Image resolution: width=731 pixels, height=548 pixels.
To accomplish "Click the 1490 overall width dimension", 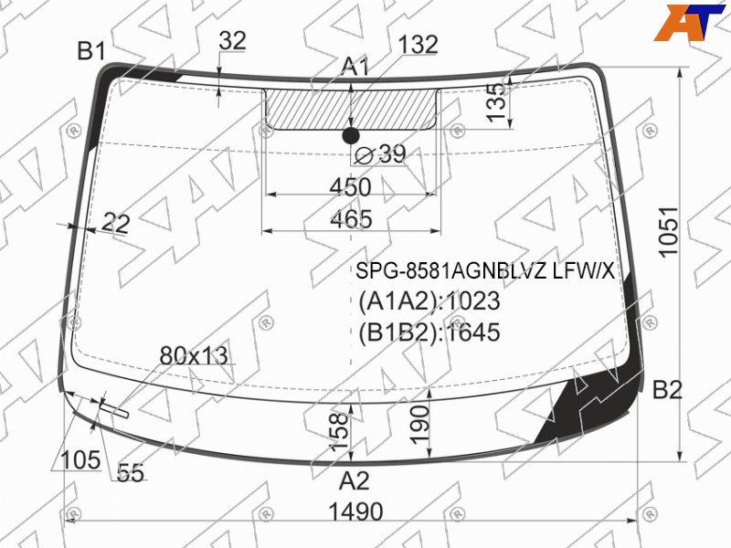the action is (x=355, y=511).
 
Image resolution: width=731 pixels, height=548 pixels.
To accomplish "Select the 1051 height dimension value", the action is (x=668, y=231).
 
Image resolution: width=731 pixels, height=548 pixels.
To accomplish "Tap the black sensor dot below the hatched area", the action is (x=351, y=135).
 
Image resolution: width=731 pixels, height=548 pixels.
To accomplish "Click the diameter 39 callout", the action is (x=380, y=153).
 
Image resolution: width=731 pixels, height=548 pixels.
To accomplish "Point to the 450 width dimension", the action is (x=351, y=187).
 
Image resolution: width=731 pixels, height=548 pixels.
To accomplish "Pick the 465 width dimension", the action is (x=351, y=219).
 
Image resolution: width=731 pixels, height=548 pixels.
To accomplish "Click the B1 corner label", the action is (x=91, y=50).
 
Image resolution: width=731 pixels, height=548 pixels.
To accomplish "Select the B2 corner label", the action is (x=667, y=390).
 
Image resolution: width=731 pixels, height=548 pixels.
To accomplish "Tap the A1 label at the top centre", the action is (x=355, y=66).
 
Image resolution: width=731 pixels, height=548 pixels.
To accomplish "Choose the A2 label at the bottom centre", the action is (x=355, y=480).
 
